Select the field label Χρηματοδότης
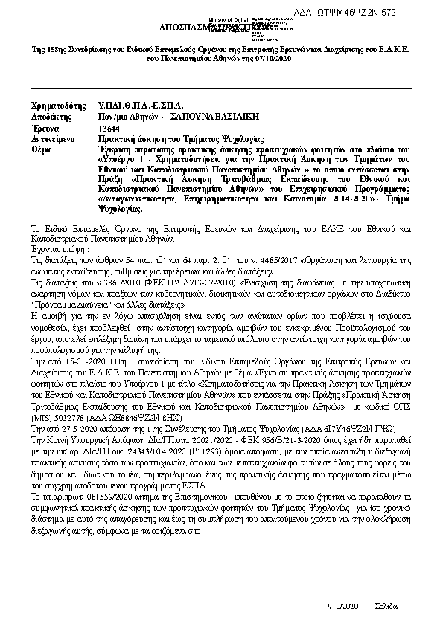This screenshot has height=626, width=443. pos(57,105)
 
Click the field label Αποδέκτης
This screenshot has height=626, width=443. pos(51,117)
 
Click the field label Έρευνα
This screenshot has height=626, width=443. pos(45,128)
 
